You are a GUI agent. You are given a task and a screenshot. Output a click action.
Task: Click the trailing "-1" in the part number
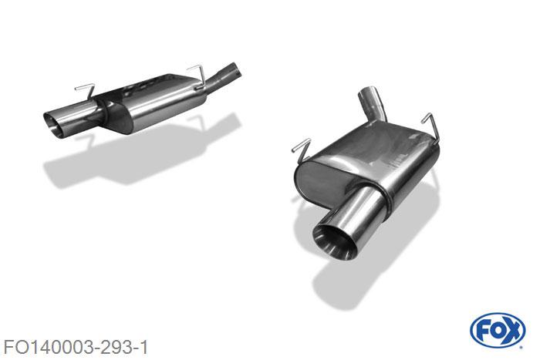click(x=140, y=343)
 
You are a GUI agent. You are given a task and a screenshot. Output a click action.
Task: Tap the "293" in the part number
click(x=115, y=343)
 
